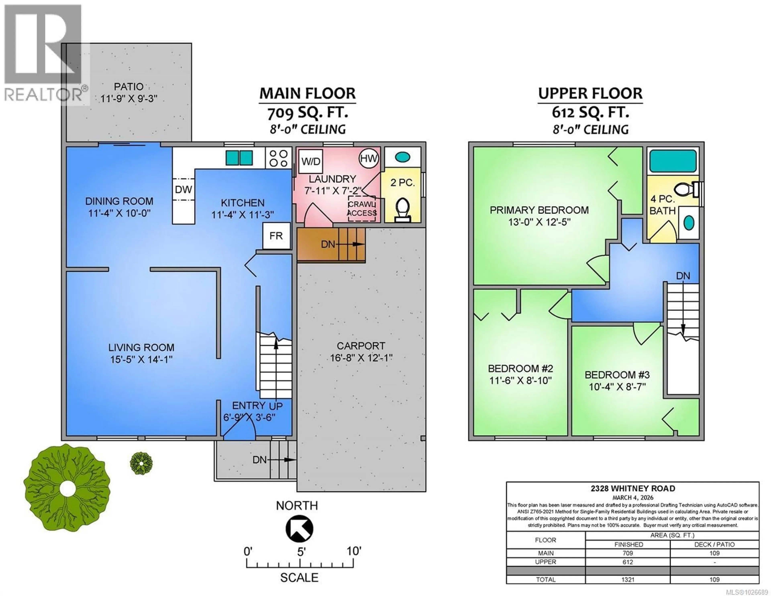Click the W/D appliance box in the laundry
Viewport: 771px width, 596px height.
tap(311, 162)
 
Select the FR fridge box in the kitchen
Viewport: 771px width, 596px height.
tap(276, 236)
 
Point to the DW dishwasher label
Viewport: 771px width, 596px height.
tap(183, 190)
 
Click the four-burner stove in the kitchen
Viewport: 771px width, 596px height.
tap(278, 158)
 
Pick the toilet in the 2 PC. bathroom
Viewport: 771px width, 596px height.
tap(402, 209)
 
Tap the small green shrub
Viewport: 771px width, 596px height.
tap(141, 463)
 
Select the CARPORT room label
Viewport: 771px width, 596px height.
tap(361, 346)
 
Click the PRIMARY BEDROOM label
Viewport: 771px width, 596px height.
tap(539, 210)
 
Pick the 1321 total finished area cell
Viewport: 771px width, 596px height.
tap(628, 579)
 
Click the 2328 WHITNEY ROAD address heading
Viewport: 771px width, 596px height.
tap(633, 489)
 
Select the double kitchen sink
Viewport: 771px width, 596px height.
tap(239, 158)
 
